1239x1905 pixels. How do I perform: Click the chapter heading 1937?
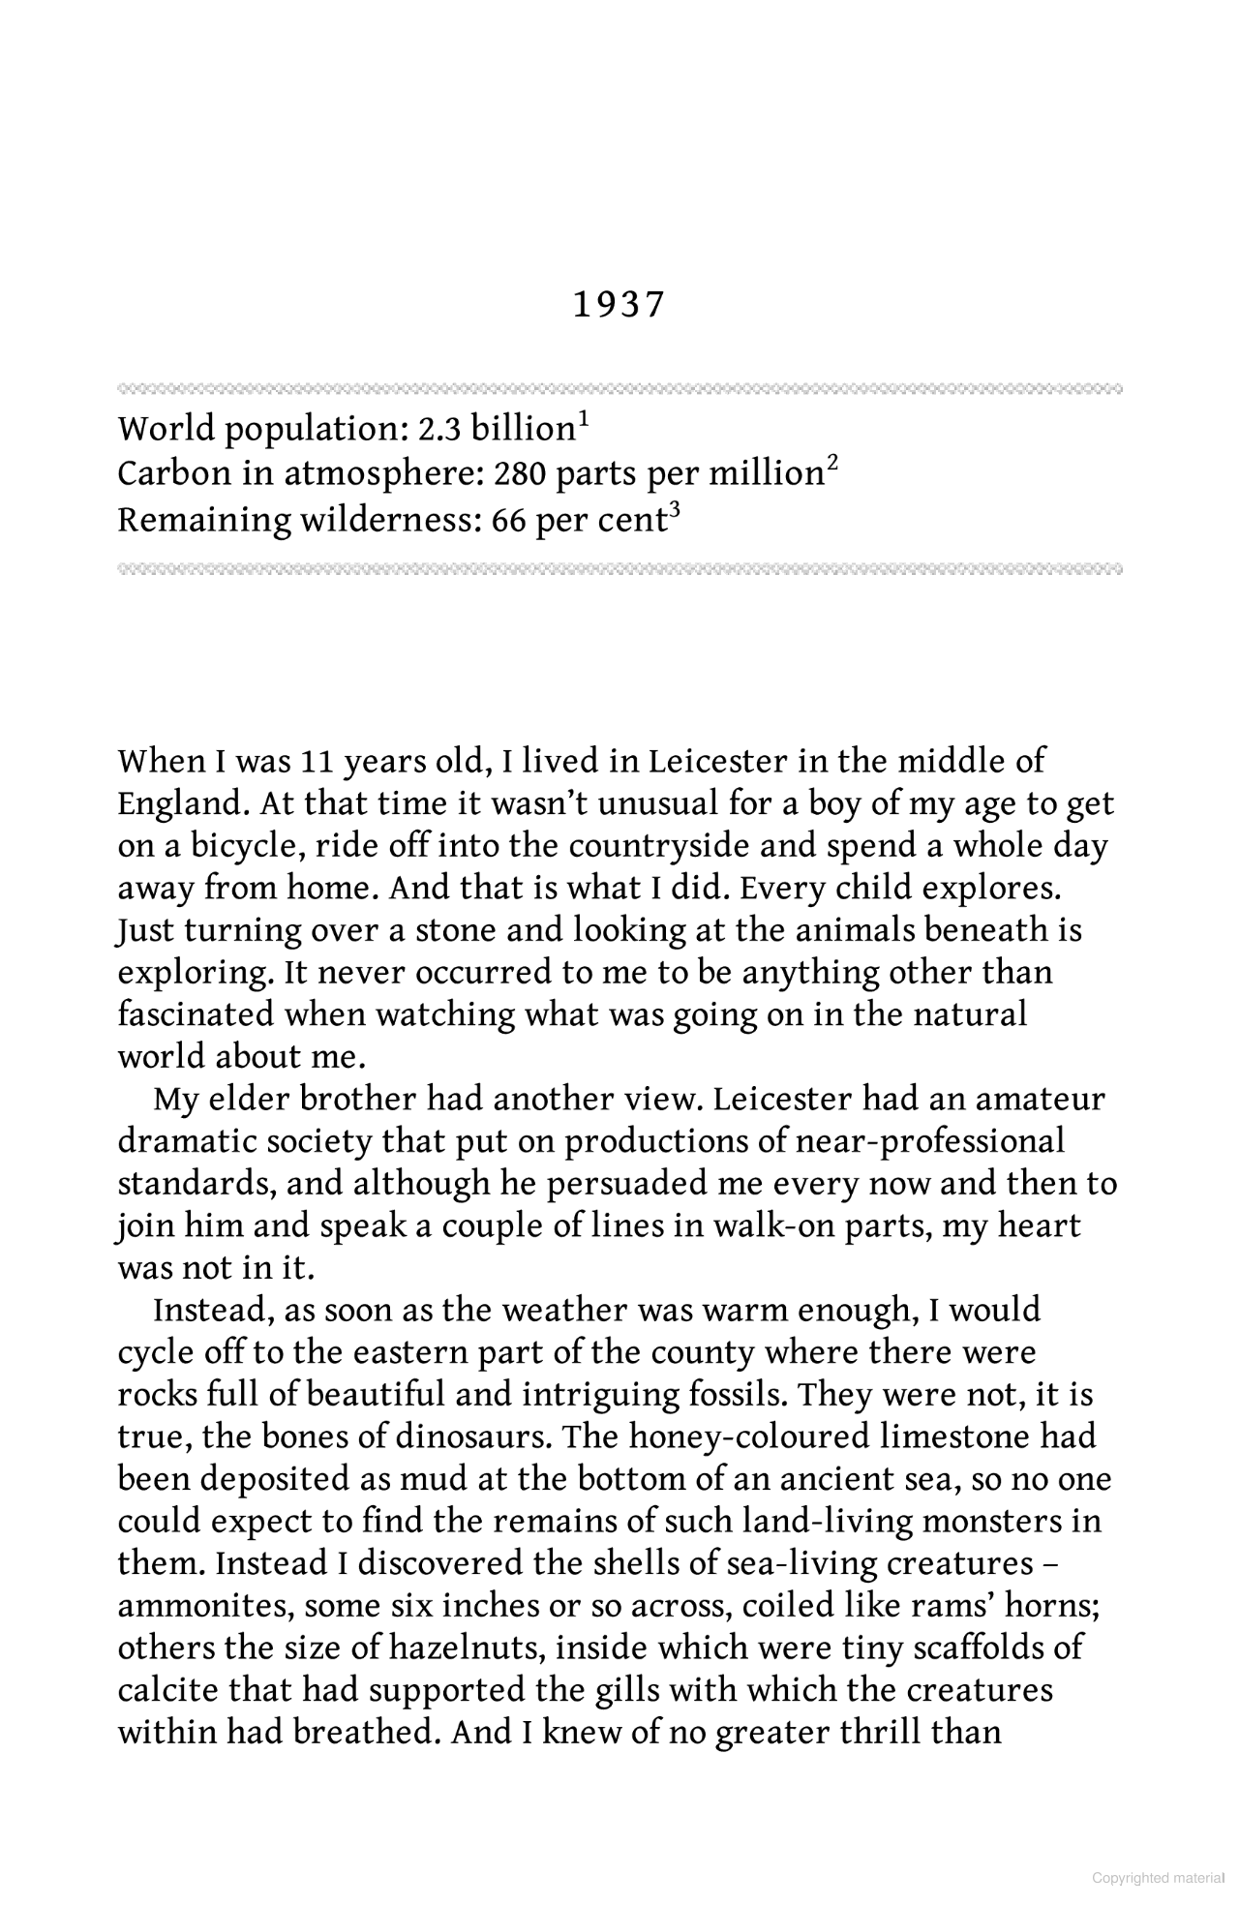pyautogui.click(x=619, y=305)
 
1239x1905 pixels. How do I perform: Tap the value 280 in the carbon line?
pyautogui.click(x=512, y=474)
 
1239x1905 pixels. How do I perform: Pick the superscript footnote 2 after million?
pyautogui.click(x=831, y=465)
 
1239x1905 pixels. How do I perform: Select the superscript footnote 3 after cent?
pyautogui.click(x=676, y=511)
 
